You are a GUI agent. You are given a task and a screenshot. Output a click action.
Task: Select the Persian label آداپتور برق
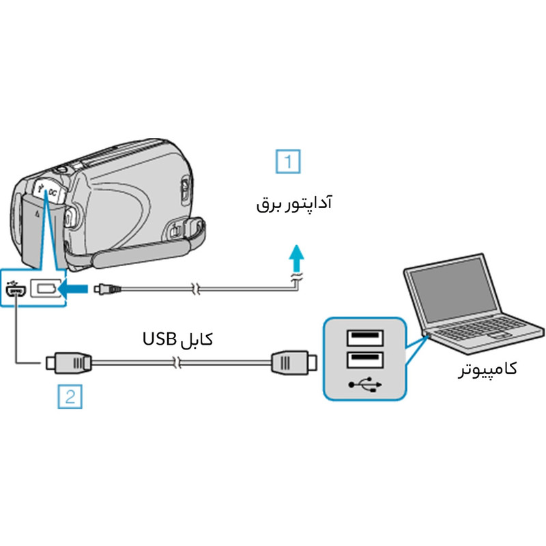293,204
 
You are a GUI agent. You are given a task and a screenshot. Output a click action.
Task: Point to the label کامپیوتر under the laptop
487,369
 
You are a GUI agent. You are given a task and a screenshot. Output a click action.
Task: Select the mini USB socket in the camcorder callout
16,289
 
